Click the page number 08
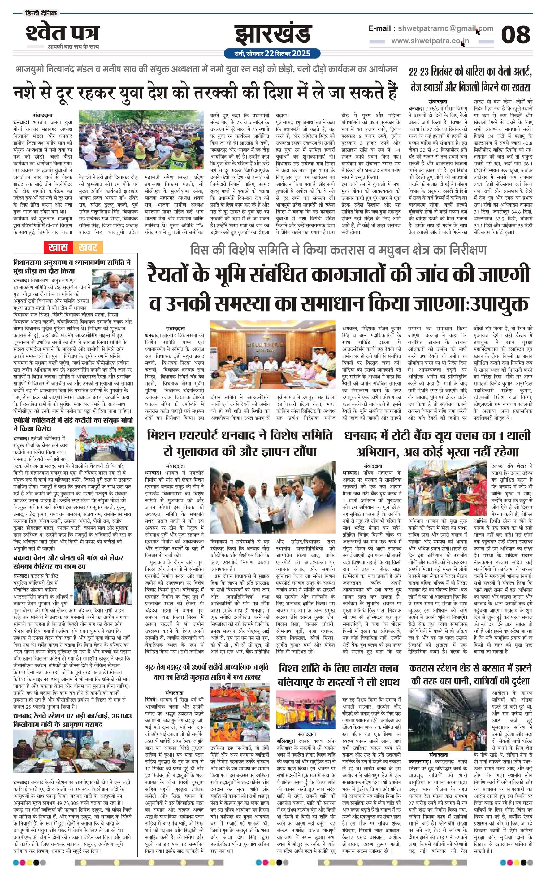tap(515, 35)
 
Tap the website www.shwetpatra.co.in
tap(430, 41)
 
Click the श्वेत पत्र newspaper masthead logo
tap(62, 33)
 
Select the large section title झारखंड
tap(273, 35)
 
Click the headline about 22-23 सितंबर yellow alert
tap(470, 79)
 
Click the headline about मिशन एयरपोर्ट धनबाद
tap(240, 443)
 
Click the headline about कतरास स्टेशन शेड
tap(470, 675)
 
